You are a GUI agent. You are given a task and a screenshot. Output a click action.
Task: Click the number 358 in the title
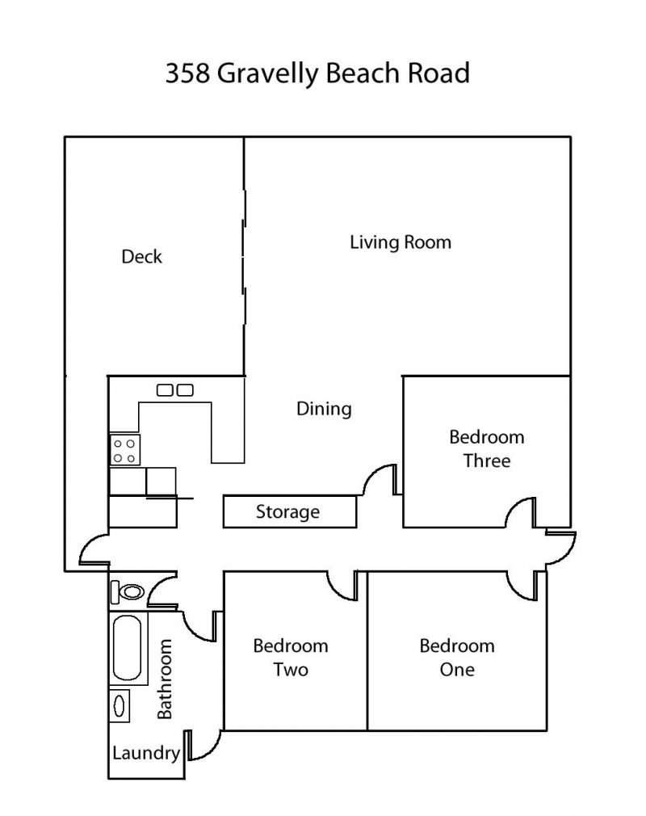[187, 73]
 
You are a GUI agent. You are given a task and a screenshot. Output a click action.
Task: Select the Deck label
[141, 257]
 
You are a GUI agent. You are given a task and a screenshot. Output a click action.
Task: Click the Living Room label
[400, 242]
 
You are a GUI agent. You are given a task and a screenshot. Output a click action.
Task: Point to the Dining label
[324, 409]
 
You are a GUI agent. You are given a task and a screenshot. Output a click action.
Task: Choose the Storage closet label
[287, 512]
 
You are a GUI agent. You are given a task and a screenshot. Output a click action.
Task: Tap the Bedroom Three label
[487, 448]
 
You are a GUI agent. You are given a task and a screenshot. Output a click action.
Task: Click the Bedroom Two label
[291, 658]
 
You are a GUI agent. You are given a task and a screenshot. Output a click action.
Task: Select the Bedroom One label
[457, 658]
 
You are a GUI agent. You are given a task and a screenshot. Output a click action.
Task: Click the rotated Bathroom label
[165, 679]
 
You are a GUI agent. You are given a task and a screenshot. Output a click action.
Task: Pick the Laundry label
[146, 753]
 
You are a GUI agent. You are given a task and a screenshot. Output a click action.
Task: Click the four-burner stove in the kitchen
[125, 450]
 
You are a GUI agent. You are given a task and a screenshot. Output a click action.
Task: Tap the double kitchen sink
[175, 389]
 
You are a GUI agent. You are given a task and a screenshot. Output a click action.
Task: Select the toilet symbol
[128, 591]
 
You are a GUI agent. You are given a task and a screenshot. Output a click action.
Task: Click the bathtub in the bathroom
[128, 648]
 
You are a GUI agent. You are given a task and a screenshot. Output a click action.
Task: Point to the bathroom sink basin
[120, 705]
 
